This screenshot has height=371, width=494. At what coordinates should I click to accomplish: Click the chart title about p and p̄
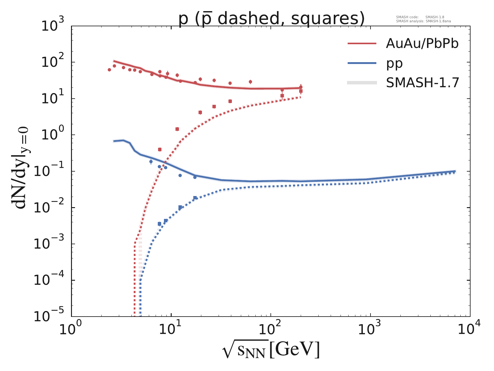click(271, 19)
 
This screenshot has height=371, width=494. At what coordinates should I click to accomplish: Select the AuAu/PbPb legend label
click(422, 44)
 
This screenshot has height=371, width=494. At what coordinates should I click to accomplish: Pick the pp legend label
click(394, 63)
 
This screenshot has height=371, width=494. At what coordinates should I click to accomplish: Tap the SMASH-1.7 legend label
click(423, 83)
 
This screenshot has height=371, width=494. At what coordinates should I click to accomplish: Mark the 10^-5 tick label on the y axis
click(53, 317)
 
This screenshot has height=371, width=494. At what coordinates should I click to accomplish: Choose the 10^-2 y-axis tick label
click(53, 208)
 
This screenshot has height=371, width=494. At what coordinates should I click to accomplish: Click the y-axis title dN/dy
click(22, 168)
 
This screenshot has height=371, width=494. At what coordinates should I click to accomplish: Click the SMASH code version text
click(420, 17)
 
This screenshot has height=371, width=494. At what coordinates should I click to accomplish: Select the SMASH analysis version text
click(425, 21)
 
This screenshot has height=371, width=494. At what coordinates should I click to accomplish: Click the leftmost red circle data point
click(109, 70)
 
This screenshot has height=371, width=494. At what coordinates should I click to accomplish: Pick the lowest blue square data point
click(159, 224)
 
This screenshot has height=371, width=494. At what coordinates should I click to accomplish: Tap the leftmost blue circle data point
click(151, 161)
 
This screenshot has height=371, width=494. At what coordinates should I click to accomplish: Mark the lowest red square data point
click(160, 150)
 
